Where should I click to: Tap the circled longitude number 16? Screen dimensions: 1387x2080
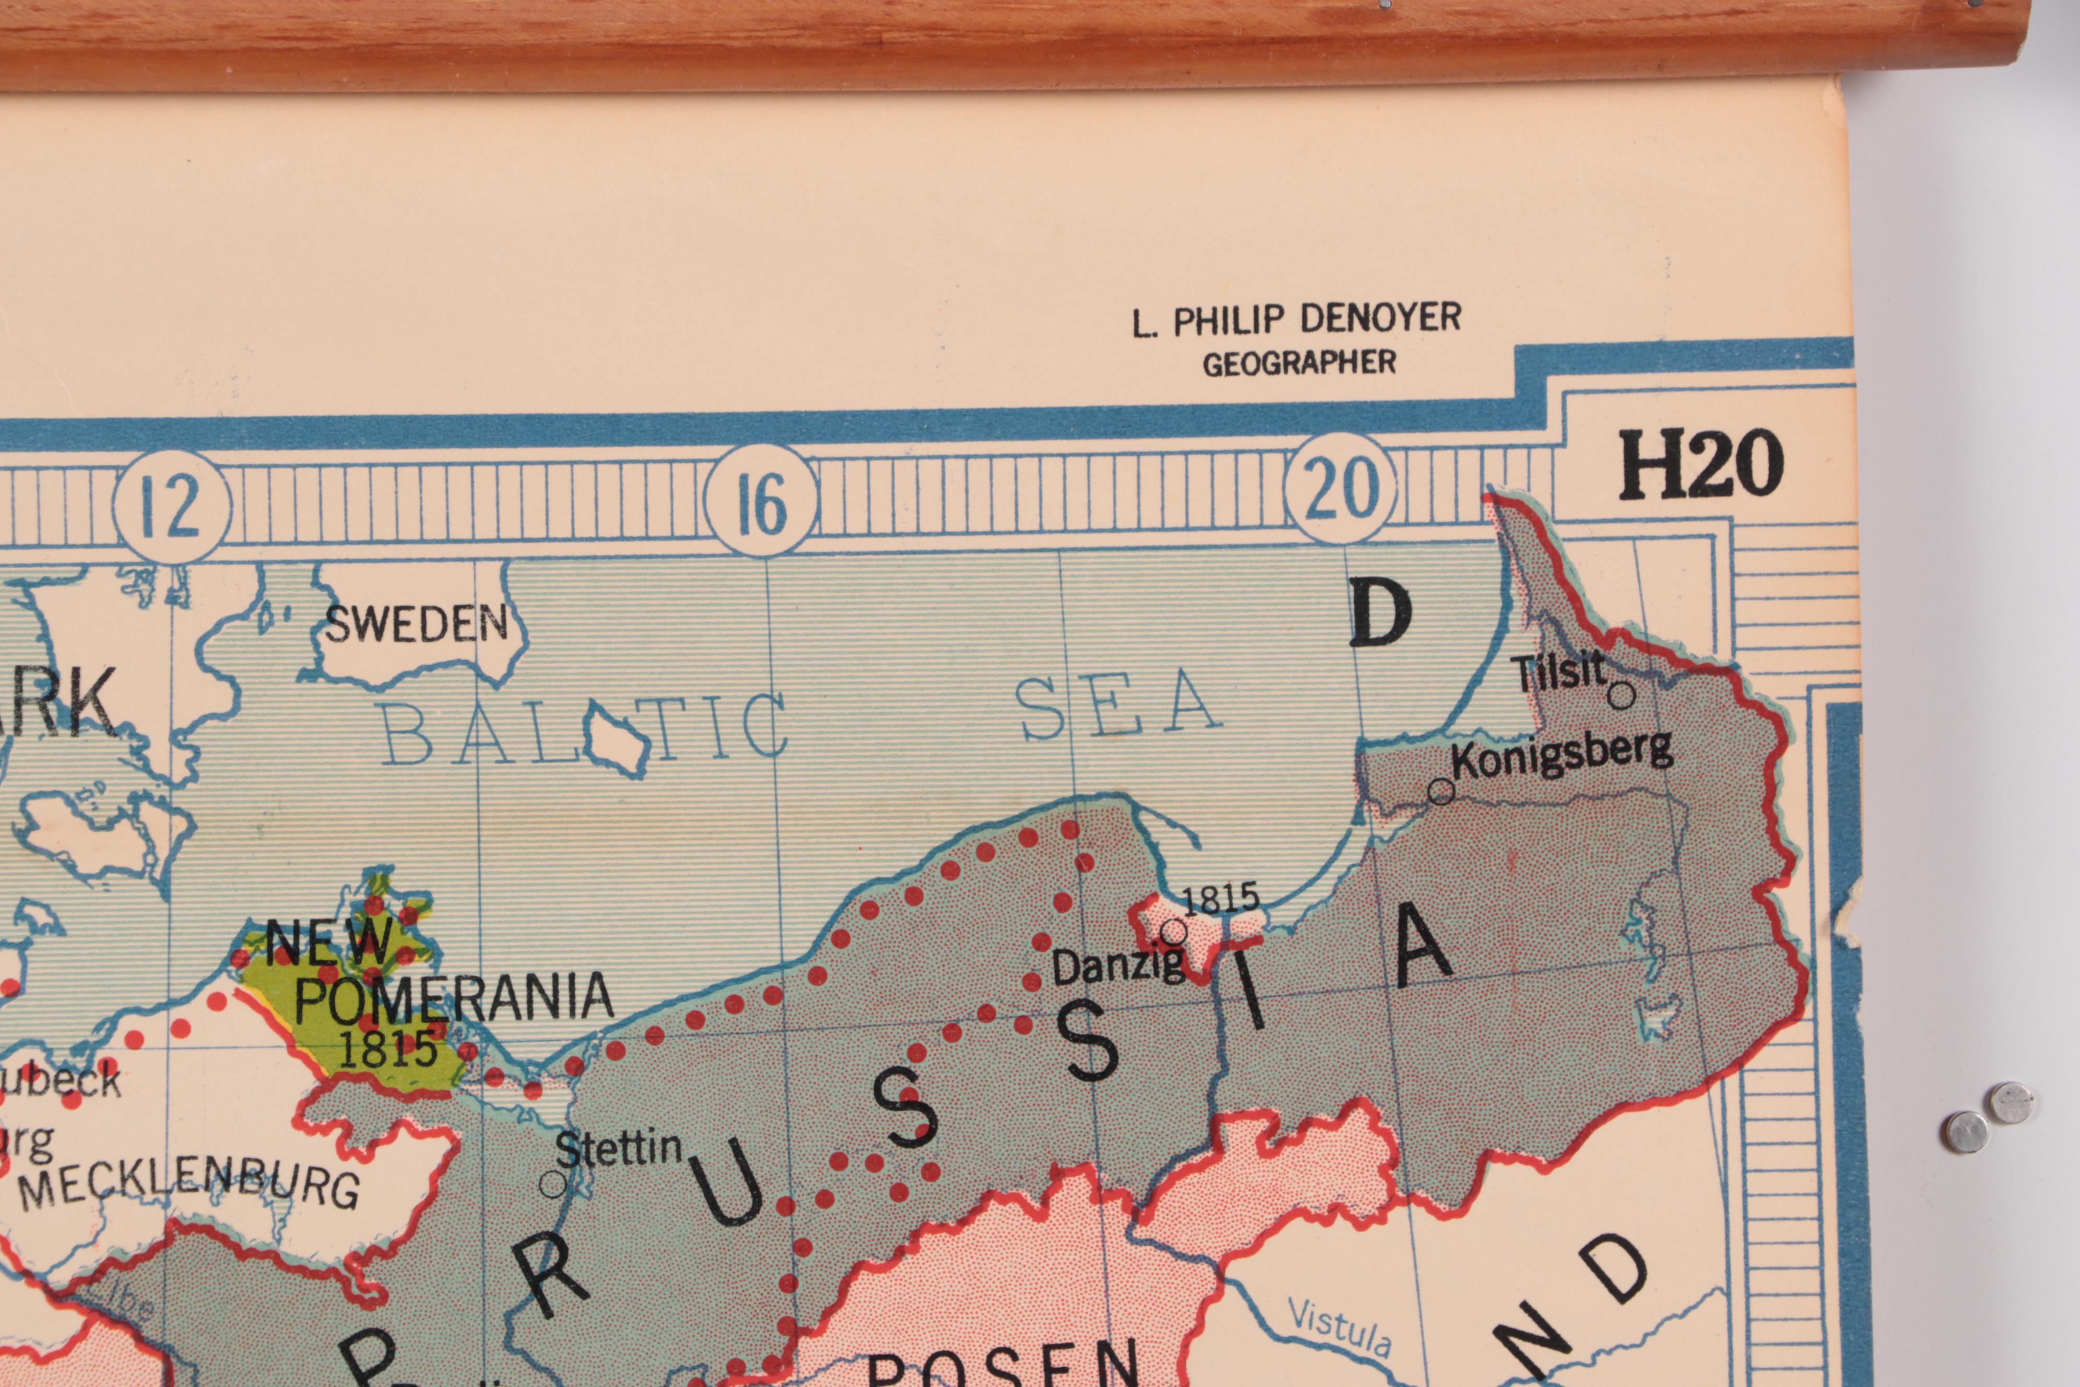(x=761, y=501)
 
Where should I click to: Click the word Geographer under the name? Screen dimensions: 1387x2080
(x=1299, y=362)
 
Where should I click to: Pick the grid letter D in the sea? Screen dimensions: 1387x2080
(x=1379, y=614)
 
